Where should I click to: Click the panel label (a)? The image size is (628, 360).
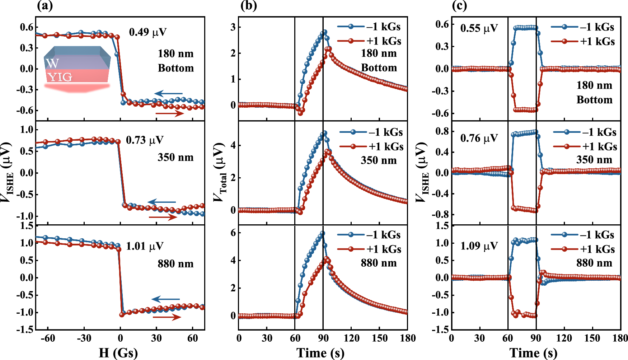[44, 6]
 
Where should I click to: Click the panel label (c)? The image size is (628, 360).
[460, 6]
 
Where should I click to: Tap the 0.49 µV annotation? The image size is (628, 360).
[148, 32]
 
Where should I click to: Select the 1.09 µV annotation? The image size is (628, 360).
[479, 246]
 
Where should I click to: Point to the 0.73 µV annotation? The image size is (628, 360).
[145, 140]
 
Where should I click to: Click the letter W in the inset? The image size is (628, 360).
[52, 64]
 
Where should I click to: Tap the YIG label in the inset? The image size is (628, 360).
[60, 77]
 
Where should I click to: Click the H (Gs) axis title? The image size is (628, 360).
[118, 353]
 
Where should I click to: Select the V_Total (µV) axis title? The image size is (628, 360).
[220, 172]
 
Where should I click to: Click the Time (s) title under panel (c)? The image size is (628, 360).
[533, 353]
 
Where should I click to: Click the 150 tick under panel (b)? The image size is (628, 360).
[379, 338]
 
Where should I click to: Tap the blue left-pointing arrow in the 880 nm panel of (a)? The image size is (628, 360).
[165, 299]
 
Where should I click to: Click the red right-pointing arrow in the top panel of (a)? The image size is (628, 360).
[169, 114]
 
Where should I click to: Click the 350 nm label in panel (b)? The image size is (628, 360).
[379, 160]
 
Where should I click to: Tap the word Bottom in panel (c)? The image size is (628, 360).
[594, 100]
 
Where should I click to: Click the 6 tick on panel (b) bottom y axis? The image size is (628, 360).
[233, 233]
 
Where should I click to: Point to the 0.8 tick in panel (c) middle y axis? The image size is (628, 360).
[442, 131]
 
